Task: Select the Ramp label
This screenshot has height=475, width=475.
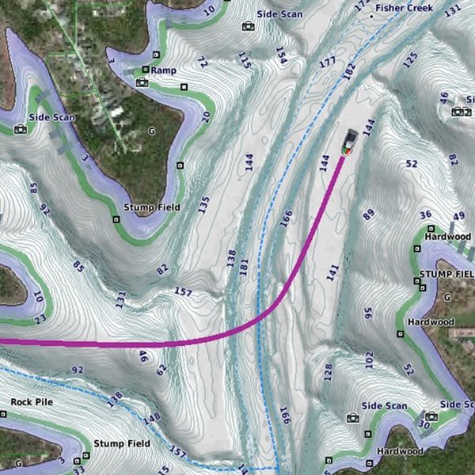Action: click(163, 70)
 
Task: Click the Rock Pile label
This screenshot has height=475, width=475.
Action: click(32, 402)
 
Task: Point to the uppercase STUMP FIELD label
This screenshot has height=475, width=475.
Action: click(445, 274)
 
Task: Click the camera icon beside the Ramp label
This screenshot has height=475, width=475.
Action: click(142, 82)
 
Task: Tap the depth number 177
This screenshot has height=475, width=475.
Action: click(327, 62)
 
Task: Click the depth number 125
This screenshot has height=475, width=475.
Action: click(410, 59)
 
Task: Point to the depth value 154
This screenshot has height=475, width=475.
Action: click(280, 54)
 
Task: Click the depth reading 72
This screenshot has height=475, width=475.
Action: click(203, 62)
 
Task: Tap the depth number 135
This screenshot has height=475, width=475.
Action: click(203, 205)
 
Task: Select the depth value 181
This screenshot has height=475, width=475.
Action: click(243, 268)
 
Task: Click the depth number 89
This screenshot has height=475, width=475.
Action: click(368, 214)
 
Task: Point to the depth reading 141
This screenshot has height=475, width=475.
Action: click(332, 272)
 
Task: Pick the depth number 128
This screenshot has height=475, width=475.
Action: click(328, 371)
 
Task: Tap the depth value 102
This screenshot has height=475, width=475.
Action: click(369, 361)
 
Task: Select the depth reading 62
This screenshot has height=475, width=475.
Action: click(161, 369)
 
